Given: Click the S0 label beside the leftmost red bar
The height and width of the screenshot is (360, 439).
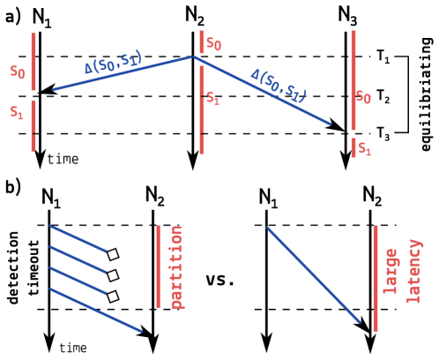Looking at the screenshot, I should [18, 71].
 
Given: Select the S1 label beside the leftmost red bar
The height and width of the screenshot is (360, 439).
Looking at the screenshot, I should [17, 112].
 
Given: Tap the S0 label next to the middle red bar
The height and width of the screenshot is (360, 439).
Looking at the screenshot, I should [213, 43].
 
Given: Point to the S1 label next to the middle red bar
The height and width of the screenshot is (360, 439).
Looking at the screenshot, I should [212, 98].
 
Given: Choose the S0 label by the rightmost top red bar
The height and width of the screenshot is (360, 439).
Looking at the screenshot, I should [363, 96].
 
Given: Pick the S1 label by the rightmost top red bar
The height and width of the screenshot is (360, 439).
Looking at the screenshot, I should [364, 148].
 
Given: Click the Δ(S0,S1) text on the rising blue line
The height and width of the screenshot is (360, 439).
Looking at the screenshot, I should [114, 61].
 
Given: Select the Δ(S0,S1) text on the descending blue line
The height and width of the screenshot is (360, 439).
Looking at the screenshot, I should [279, 86].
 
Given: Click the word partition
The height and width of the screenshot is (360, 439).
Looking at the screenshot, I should [176, 266].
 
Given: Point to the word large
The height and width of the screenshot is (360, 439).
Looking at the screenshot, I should [391, 271].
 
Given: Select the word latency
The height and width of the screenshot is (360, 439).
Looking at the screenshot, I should [413, 271].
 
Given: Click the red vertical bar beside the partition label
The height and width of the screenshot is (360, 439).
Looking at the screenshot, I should [159, 266].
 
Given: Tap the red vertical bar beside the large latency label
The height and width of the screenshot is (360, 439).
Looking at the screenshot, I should [376, 278].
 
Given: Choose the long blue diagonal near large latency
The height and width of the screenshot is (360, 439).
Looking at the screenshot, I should [313, 274].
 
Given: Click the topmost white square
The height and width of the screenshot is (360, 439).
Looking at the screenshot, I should [113, 254].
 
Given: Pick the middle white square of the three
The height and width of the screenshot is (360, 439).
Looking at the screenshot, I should [113, 275].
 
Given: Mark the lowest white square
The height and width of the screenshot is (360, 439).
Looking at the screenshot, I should [113, 296].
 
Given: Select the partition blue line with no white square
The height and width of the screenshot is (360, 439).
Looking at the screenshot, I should [95, 310].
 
